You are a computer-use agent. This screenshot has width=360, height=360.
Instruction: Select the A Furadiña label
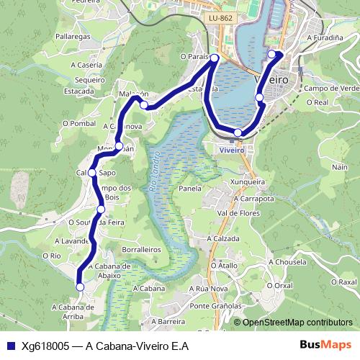323,37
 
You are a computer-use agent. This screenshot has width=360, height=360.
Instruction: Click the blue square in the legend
11,346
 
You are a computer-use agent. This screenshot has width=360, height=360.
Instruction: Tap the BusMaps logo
325,346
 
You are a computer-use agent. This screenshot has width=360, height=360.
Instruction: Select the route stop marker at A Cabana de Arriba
80,287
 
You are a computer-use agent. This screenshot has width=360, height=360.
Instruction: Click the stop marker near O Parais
215,58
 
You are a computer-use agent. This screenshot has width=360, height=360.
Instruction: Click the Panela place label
190,188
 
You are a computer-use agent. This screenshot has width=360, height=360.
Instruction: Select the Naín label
340,167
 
